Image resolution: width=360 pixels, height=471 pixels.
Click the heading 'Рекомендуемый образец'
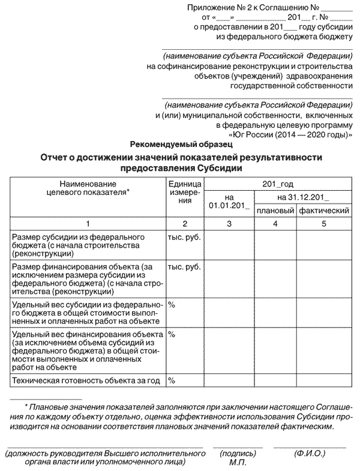pos(180,145)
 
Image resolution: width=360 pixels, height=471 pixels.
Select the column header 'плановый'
pos(275,211)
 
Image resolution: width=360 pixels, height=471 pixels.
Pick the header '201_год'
pos(278,184)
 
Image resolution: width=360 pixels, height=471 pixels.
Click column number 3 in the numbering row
pos(229,224)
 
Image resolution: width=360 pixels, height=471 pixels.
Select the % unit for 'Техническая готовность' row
pos(172,380)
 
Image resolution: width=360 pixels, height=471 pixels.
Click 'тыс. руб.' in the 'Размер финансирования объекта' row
pos(184,266)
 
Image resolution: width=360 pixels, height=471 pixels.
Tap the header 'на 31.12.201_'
pos(303,197)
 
